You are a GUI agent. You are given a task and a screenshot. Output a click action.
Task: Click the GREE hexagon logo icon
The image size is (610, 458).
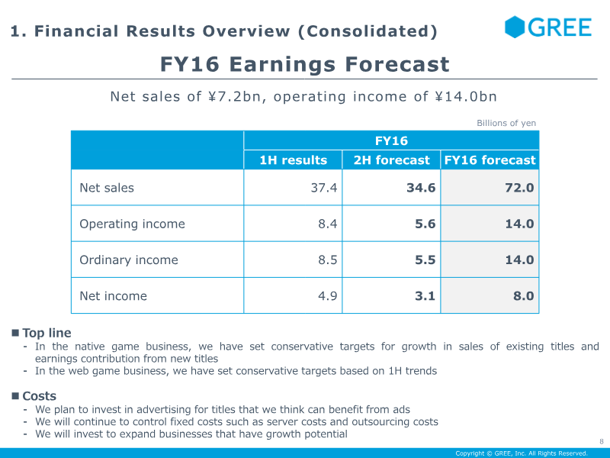coord(514,27)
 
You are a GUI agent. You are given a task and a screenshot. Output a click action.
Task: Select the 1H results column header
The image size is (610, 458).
coord(293,160)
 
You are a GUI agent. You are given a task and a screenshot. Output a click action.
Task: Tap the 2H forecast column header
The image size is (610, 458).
coord(391,160)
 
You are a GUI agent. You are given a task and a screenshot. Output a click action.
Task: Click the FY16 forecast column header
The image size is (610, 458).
coord(490,160)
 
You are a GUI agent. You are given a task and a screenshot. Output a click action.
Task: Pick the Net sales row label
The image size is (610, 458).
coord(107,188)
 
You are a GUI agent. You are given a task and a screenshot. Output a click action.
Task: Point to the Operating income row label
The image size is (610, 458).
coord(132,224)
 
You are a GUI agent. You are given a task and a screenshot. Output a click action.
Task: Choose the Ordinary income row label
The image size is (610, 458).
coord(129,260)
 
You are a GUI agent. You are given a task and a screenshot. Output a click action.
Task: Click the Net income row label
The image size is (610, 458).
coord(113,296)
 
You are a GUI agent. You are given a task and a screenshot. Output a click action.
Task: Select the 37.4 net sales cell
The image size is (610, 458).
coord(323,188)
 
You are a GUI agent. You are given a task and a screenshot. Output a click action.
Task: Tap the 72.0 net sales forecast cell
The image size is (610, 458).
coord(519,188)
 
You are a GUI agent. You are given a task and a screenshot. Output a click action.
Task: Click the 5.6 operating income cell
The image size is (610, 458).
coord(425,224)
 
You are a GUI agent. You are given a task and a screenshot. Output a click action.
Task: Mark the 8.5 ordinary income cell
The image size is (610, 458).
coord(328,260)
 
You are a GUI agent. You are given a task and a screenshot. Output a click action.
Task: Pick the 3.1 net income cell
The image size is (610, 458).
coord(425,296)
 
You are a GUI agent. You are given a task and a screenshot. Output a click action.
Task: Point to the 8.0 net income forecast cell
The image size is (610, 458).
coord(524,296)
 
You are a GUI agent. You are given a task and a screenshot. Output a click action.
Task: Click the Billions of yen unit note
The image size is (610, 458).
coord(506,123)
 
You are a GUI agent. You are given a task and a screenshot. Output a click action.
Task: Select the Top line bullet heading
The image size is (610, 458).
coord(47,333)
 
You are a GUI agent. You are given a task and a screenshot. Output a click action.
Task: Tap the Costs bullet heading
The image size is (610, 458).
coord(40,396)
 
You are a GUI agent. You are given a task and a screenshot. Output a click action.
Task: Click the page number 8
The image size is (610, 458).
coord(602,442)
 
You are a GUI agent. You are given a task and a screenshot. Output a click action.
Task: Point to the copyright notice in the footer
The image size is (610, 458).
coord(522,453)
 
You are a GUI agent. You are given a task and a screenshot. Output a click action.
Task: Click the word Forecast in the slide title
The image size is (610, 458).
coord(397,64)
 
